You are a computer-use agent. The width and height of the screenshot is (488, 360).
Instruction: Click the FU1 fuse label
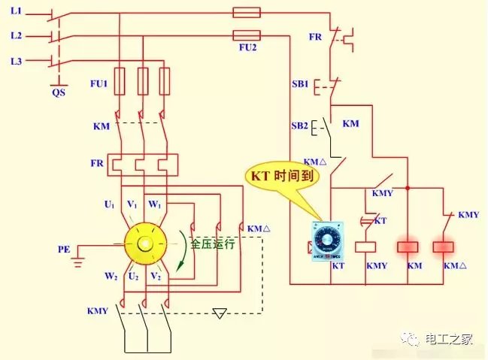click(x=99, y=83)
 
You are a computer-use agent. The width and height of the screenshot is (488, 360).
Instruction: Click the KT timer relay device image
click(x=328, y=241)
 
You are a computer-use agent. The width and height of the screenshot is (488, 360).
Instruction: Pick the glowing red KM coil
click(x=408, y=247)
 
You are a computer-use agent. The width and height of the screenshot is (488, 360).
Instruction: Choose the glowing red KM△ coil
click(x=444, y=247)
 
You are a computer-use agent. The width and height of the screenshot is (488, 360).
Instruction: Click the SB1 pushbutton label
click(x=300, y=83)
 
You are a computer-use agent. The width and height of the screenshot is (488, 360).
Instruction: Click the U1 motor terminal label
click(x=109, y=204)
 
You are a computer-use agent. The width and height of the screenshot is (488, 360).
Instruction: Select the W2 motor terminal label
click(x=111, y=277)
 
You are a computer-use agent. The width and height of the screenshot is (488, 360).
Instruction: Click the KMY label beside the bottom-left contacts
click(x=98, y=310)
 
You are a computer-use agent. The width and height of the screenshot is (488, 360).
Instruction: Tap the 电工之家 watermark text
click(x=448, y=339)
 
